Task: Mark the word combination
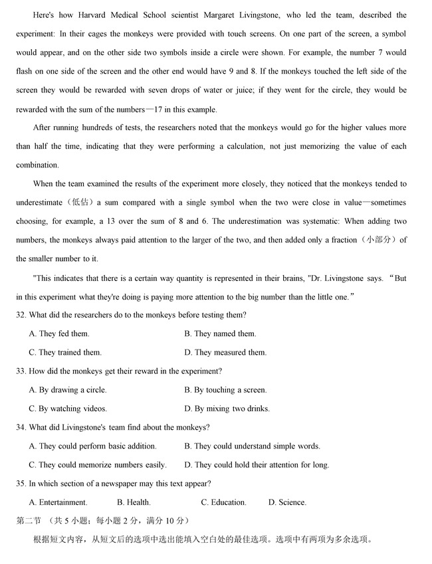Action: (38, 165)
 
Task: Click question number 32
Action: (21, 315)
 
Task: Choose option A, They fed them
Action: (59, 333)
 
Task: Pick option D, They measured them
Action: (225, 352)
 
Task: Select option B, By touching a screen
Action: (225, 390)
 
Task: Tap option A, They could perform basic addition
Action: (93, 446)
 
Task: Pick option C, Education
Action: (224, 502)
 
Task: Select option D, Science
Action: (287, 502)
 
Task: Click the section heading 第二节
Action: (30, 520)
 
